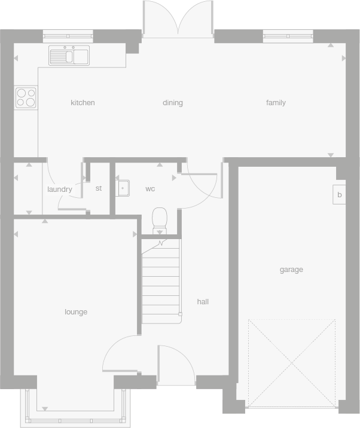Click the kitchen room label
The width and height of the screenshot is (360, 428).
(83, 103)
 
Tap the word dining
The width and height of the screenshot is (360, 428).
(172, 103)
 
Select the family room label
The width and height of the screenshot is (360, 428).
(276, 103)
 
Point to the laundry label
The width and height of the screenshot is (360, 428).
(59, 189)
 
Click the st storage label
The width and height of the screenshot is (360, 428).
(99, 188)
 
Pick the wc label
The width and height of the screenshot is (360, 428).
(150, 189)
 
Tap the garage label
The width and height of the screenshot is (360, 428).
(291, 270)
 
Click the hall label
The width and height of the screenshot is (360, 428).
(203, 302)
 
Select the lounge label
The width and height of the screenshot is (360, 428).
(76, 312)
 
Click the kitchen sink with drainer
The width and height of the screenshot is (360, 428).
(69, 56)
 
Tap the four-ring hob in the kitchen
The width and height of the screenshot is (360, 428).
(26, 97)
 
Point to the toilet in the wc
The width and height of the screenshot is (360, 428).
(160, 220)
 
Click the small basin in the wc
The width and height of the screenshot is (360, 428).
(123, 188)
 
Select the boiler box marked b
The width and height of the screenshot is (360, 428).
(339, 195)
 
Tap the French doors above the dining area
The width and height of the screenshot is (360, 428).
(178, 19)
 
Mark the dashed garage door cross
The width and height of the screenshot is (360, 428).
(292, 363)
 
